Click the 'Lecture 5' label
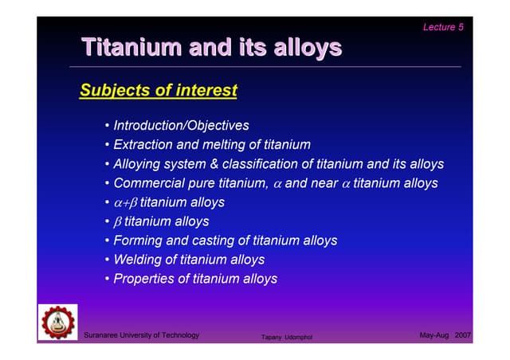click(444, 27)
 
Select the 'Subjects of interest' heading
click(159, 91)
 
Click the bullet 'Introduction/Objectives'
click(181, 126)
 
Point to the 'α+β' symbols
click(125, 203)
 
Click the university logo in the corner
click(58, 323)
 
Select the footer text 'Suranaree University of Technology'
click(142, 335)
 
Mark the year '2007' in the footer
click(463, 335)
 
